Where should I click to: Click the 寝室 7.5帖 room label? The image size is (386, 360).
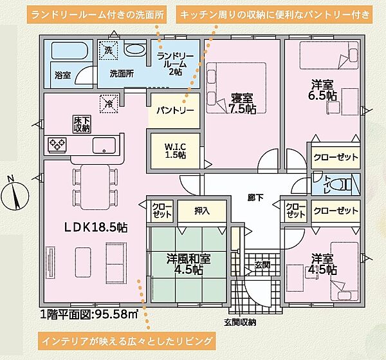[243, 104]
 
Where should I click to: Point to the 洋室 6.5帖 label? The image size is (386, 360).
[322, 89]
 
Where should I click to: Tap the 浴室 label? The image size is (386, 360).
[62, 75]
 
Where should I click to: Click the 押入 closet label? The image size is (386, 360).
[202, 210]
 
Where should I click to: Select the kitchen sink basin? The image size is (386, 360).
[104, 146]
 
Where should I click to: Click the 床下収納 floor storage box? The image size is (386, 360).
[81, 124]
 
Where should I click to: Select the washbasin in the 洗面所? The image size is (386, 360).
[134, 50]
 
